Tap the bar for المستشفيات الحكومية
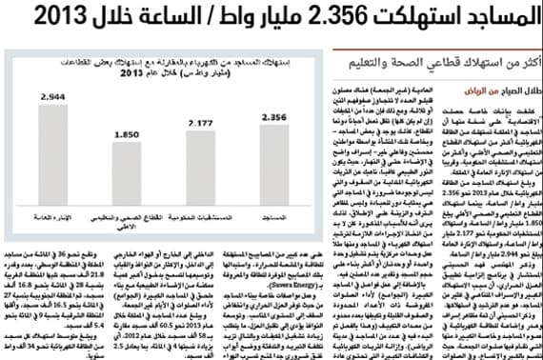(x=200, y=170)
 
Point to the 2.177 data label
(x=200, y=124)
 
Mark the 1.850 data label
(x=127, y=134)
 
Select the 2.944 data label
(x=53, y=96)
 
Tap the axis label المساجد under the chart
(x=274, y=217)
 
